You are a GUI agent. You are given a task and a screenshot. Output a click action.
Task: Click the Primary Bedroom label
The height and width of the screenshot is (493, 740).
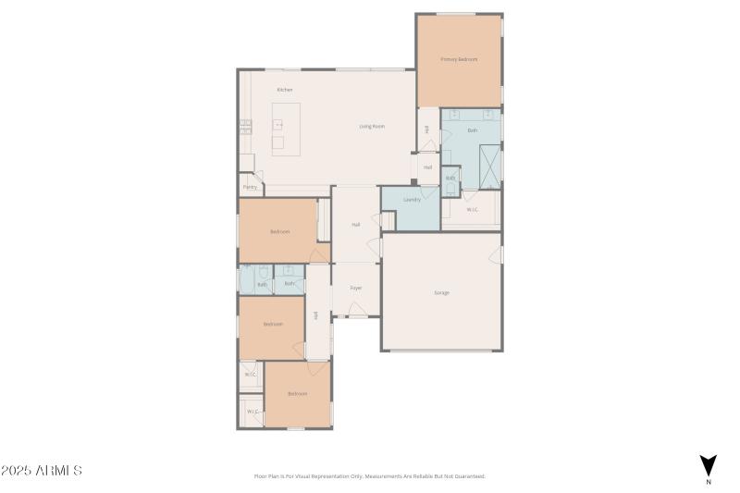[x=459, y=59]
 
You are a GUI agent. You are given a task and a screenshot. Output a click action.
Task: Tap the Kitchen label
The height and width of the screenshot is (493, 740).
[x=285, y=90]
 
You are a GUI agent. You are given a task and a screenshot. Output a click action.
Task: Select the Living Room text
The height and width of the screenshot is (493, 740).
[x=372, y=126]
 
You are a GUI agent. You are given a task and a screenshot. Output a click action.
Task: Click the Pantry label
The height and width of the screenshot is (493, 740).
[x=250, y=187]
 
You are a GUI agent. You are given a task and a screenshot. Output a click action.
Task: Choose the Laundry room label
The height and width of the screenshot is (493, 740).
[x=413, y=200]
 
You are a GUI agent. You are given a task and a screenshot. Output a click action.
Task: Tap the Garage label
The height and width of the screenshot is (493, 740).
[x=442, y=292]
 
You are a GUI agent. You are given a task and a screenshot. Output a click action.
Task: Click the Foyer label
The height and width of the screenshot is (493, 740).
[x=356, y=288]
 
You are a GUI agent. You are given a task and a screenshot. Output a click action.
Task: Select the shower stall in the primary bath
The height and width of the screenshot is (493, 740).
[x=488, y=163]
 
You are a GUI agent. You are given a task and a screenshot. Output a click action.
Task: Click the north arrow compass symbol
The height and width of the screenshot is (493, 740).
[x=708, y=465]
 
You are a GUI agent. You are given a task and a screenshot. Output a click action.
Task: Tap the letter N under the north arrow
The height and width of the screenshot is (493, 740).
[x=708, y=482]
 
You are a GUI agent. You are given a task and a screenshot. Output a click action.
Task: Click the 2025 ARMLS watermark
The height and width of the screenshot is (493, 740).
[x=42, y=471]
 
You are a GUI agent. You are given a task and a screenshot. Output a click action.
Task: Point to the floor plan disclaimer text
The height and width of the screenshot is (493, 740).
[x=369, y=476]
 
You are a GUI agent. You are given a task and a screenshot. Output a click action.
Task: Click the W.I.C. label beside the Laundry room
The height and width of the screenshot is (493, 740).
[x=472, y=210]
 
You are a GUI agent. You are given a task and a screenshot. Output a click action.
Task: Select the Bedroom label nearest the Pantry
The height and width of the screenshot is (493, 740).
[x=280, y=231]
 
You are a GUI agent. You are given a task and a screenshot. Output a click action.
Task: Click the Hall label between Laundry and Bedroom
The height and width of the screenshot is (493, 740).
[x=356, y=225]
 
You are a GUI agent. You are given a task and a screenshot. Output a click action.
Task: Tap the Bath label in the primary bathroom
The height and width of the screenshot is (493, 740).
[x=472, y=130]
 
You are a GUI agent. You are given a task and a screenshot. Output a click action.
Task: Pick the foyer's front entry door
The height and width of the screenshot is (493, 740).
[x=356, y=317]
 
